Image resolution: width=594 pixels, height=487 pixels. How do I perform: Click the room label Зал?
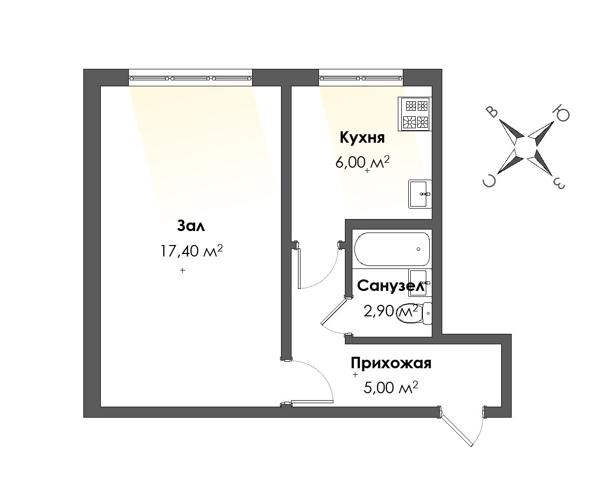click(x=191, y=226)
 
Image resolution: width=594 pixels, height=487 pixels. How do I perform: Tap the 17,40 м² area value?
click(x=191, y=250)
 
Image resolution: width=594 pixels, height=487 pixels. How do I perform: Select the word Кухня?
click(x=362, y=137)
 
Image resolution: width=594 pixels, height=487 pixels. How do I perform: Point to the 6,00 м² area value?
click(x=362, y=163)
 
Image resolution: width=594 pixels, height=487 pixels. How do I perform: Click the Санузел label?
click(x=391, y=286)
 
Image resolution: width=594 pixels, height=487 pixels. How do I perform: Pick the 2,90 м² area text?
click(x=391, y=311)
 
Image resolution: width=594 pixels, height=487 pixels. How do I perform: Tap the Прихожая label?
click(x=391, y=363)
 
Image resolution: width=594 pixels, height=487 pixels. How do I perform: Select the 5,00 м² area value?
click(x=391, y=387)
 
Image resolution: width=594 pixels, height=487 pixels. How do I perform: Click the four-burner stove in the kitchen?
click(x=415, y=114)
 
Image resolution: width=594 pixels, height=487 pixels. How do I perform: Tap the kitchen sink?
click(x=420, y=194)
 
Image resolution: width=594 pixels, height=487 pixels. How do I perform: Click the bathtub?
click(x=392, y=249)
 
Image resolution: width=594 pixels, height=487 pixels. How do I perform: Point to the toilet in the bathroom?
click(x=413, y=313)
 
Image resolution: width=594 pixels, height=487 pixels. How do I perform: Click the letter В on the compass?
click(x=492, y=112)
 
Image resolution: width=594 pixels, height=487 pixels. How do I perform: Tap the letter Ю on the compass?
click(x=562, y=114)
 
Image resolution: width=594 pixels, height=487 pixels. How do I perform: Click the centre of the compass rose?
click(x=526, y=148)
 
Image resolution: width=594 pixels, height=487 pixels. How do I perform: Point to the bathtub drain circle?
click(x=419, y=249)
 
